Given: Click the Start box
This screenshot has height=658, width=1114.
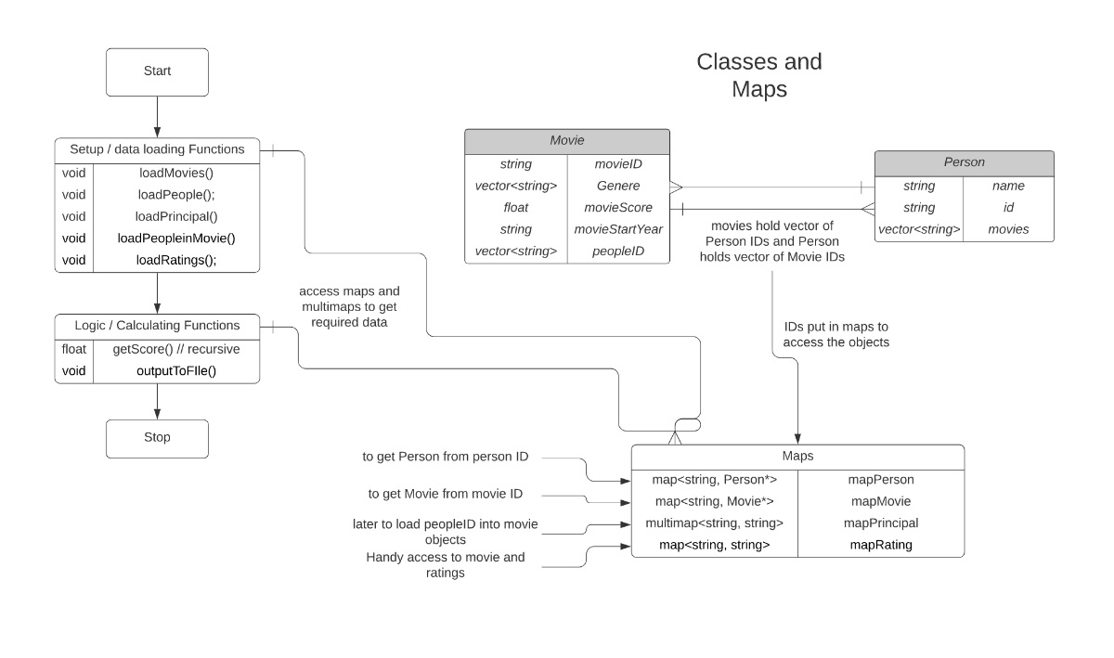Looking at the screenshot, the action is (157, 72).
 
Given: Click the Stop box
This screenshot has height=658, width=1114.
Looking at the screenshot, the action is (157, 439).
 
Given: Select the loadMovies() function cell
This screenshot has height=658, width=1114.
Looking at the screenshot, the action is (176, 173).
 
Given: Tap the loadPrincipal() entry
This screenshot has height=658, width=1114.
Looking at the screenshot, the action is (176, 217).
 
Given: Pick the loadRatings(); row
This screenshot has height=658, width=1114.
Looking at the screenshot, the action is (176, 260).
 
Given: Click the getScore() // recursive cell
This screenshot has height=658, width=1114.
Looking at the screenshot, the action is (176, 349).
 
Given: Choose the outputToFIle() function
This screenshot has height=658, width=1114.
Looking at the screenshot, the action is (176, 371).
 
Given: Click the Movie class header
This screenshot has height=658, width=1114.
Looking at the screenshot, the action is (567, 141).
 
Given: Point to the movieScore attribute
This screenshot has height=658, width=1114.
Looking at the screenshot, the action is (618, 207).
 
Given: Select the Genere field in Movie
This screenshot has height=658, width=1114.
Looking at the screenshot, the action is (618, 186).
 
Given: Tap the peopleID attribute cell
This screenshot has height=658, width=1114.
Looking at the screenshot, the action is (618, 252).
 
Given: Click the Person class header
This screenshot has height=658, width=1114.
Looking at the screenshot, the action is (964, 163).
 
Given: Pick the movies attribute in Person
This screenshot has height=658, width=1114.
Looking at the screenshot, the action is (1008, 229).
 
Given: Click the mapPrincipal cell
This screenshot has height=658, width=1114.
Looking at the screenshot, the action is (881, 523).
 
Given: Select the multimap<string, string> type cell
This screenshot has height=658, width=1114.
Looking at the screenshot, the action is (714, 523).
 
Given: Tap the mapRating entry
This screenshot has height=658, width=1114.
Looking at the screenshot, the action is (881, 545).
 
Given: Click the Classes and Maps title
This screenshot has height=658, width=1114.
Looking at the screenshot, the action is (759, 75).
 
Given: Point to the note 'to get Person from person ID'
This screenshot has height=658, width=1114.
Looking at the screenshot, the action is (445, 457).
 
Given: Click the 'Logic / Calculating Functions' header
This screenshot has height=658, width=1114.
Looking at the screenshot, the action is (157, 326).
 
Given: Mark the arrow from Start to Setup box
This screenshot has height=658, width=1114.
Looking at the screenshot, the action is (157, 117).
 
